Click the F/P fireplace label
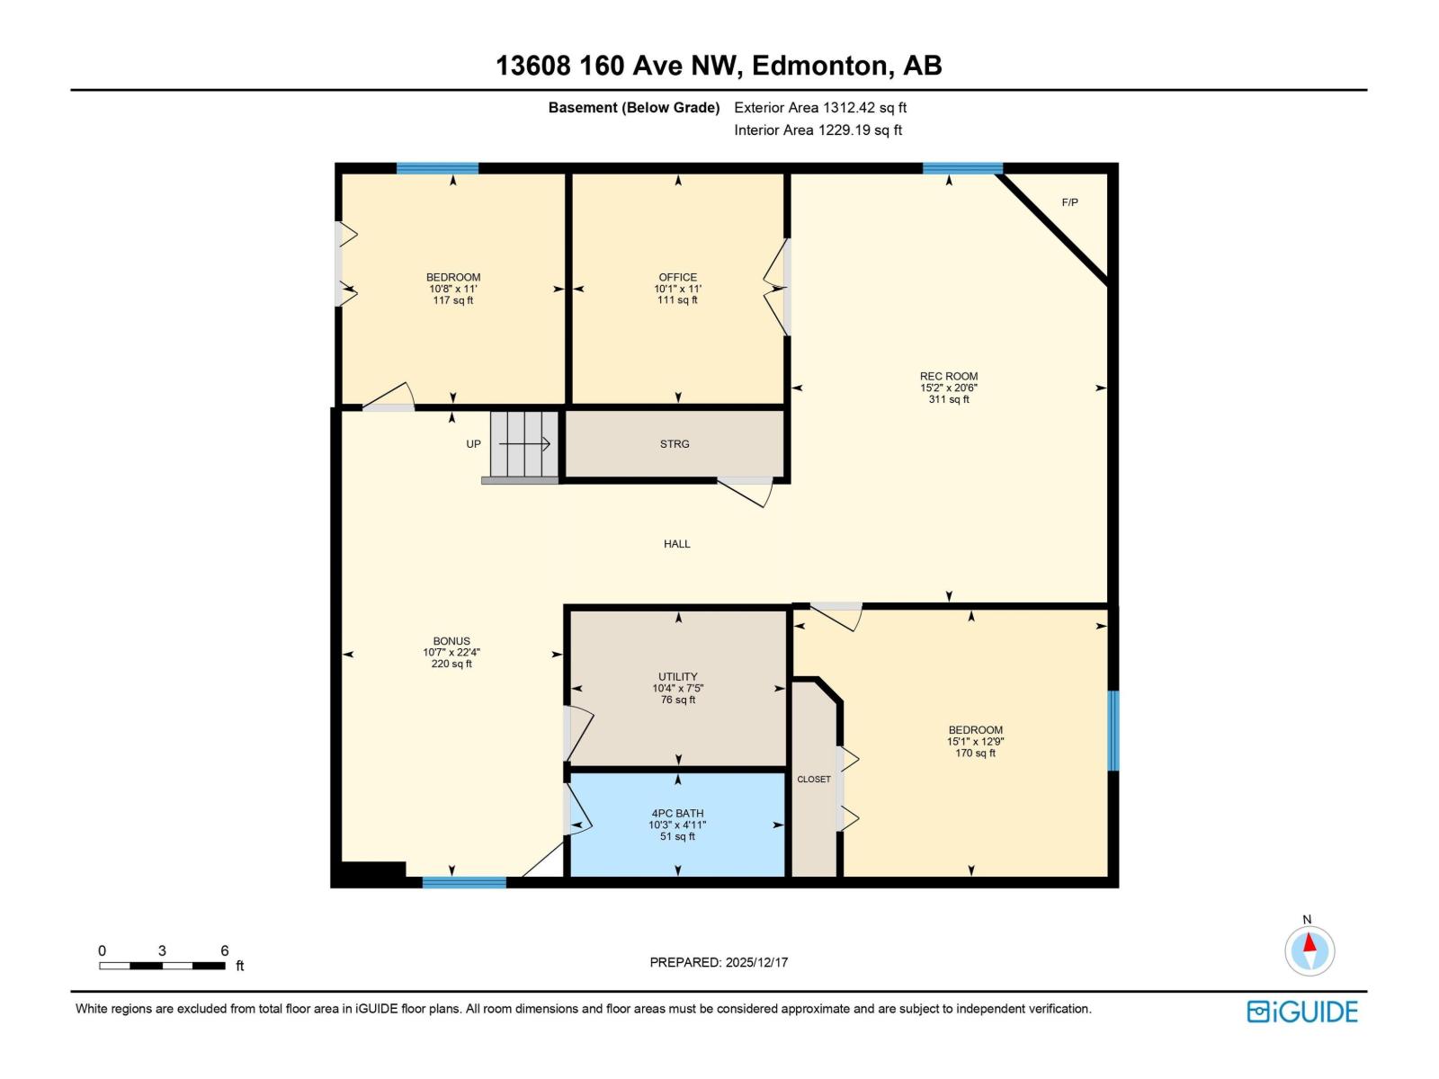pyautogui.click(x=1069, y=202)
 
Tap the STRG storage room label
pyautogui.click(x=675, y=444)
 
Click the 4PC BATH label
pyautogui.click(x=677, y=813)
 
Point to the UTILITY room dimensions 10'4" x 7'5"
pyautogui.click(x=677, y=689)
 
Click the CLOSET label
pyautogui.click(x=813, y=780)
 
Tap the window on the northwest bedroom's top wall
pyautogui.click(x=437, y=168)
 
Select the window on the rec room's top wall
pyautogui.click(x=962, y=168)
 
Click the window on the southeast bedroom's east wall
pyautogui.click(x=1113, y=730)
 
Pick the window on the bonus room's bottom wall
pyautogui.click(x=464, y=883)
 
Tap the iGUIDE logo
pyautogui.click(x=1301, y=1012)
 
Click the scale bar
pyautogui.click(x=162, y=966)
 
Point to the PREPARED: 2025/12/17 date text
pyautogui.click(x=719, y=962)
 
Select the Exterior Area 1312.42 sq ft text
pyautogui.click(x=819, y=108)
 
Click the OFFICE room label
pyautogui.click(x=677, y=277)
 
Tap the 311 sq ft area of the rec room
pyautogui.click(x=949, y=399)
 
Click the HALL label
pyautogui.click(x=676, y=544)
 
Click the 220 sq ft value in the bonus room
pyautogui.click(x=451, y=664)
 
